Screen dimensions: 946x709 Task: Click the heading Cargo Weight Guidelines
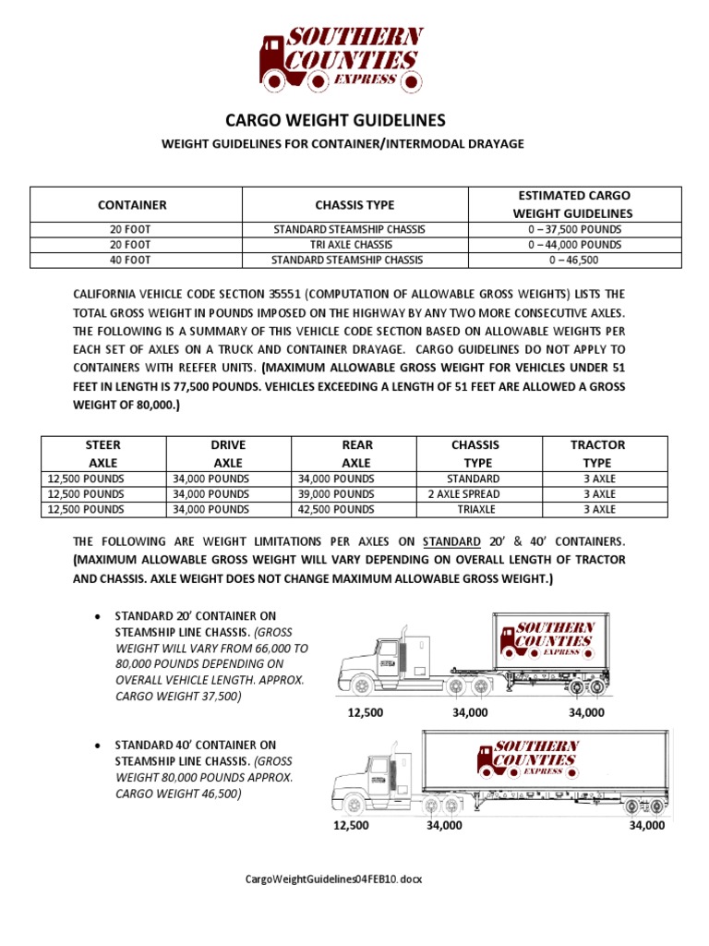[x=336, y=120]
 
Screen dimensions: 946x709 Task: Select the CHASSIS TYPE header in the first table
[x=354, y=204]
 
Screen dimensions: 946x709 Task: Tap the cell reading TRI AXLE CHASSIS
[x=354, y=245]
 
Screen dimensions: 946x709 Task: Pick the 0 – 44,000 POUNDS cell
[x=575, y=245]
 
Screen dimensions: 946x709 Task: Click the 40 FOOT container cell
[x=136, y=261]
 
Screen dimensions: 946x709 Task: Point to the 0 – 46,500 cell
[x=575, y=261]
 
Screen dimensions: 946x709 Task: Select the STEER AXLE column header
[x=103, y=454]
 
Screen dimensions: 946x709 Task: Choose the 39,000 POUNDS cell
[x=342, y=494]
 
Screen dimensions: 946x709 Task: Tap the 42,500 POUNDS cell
[x=342, y=509]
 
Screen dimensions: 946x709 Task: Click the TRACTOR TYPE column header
[x=598, y=454]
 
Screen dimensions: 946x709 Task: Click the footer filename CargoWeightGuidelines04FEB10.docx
[x=333, y=879]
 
